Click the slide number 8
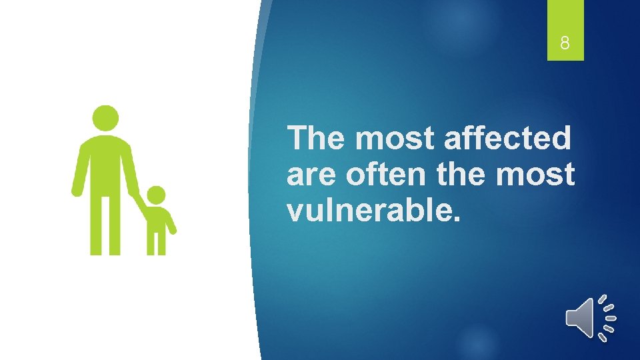[x=565, y=45]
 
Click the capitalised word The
[x=317, y=139]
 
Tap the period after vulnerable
[x=455, y=219]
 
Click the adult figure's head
[x=105, y=118]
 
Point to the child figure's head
[x=156, y=195]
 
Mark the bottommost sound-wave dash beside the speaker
[x=603, y=337]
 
